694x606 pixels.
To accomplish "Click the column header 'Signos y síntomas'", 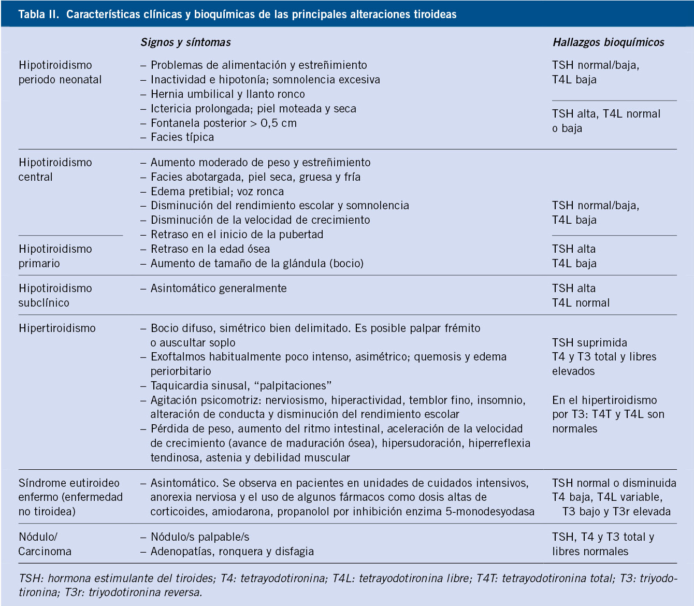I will click(x=185, y=42).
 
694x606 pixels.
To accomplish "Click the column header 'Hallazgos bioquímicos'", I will click(x=608, y=42).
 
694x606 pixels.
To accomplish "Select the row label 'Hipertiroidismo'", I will click(x=57, y=328).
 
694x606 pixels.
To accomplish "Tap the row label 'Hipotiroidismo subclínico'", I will click(x=55, y=295).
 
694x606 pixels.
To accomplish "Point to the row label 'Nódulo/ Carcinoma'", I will click(x=45, y=544).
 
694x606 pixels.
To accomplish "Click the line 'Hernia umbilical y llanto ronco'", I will click(x=227, y=94).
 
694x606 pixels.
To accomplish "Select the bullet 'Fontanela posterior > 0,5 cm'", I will click(x=223, y=123).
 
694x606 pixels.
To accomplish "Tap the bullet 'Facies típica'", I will click(x=182, y=137).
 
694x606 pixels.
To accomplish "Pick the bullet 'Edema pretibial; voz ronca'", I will click(x=217, y=192).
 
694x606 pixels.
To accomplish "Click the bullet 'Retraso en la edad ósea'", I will click(x=210, y=249).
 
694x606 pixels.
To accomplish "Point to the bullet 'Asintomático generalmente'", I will click(x=218, y=288).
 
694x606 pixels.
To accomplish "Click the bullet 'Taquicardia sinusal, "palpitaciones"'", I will click(x=241, y=386).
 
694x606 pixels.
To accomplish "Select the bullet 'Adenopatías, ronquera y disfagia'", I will click(x=232, y=552).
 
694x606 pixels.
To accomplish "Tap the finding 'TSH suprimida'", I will click(x=589, y=343).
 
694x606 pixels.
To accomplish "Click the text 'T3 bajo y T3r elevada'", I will click(x=616, y=512).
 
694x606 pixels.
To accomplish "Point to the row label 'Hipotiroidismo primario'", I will click(x=55, y=256).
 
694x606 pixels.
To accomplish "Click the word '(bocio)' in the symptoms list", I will click(x=346, y=264).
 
